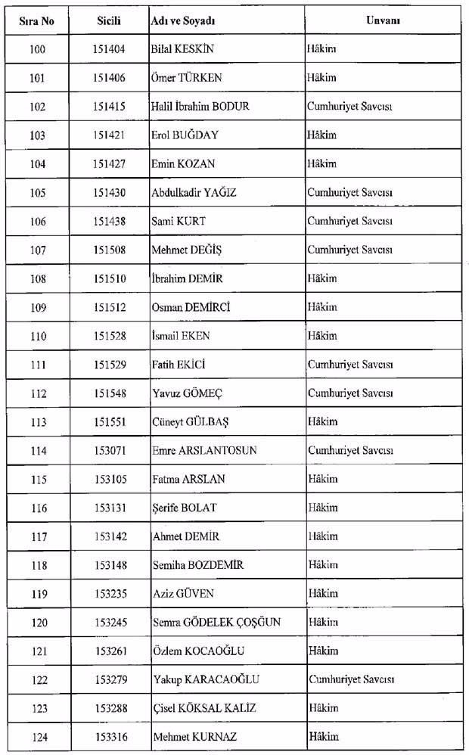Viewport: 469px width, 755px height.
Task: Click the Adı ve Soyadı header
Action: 184,20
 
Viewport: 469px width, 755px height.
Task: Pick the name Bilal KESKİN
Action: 183,49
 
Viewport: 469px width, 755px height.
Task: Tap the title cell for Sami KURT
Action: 349,221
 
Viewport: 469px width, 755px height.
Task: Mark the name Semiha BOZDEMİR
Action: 197,565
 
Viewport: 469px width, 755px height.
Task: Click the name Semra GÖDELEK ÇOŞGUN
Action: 216,622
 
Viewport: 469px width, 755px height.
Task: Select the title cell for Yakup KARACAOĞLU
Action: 350,679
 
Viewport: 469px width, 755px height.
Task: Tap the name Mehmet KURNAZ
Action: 189,736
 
